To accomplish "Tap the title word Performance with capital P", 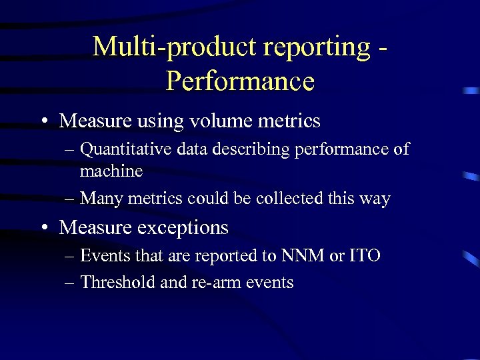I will tap(240, 81).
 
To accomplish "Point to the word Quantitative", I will tap(126, 150).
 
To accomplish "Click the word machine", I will tap(111, 171).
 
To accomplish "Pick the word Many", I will tap(102, 198).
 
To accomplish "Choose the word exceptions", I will tap(182, 227).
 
